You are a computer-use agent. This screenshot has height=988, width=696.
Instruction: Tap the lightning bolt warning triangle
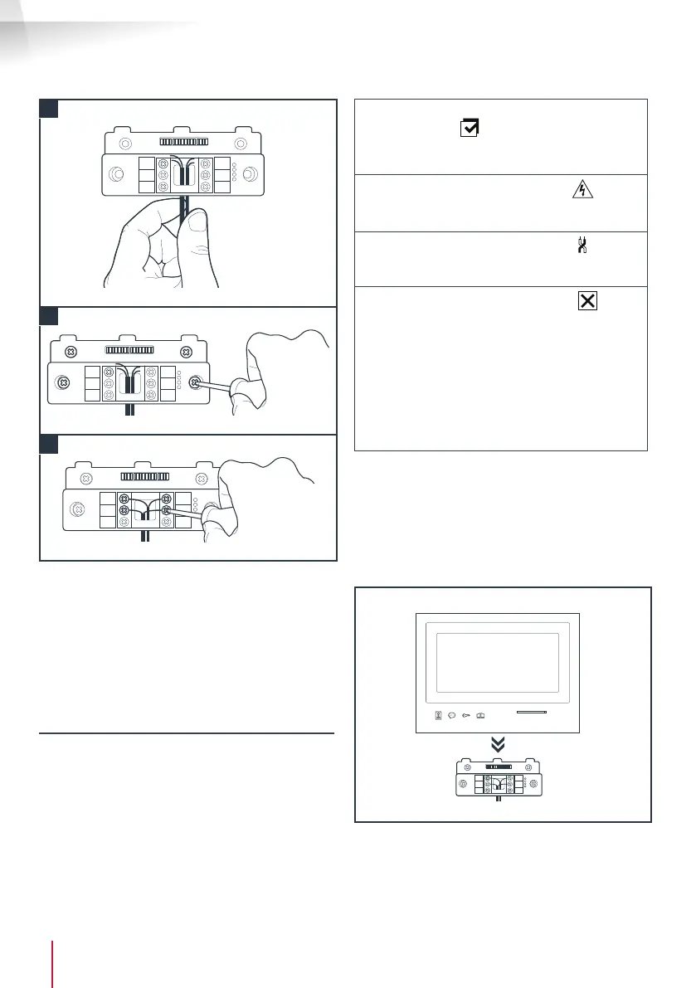click(584, 191)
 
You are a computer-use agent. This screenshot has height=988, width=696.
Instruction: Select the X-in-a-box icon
click(586, 302)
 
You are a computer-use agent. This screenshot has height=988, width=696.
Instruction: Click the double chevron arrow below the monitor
click(497, 745)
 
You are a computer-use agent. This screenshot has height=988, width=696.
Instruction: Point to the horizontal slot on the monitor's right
click(537, 712)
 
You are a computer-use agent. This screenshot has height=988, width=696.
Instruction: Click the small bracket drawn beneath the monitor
click(497, 781)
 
